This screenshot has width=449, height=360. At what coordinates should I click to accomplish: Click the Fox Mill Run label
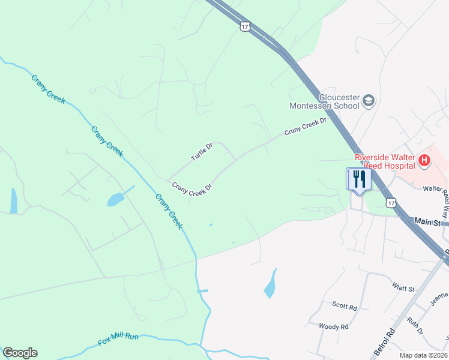click(x=118, y=340)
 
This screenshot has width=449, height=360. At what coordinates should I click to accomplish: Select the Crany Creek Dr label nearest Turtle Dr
click(x=193, y=188)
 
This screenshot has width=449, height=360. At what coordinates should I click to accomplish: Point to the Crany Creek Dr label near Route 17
click(x=305, y=125)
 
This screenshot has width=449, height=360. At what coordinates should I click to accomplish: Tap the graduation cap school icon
click(x=369, y=100)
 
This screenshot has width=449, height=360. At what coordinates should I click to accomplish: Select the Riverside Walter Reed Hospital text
click(x=384, y=161)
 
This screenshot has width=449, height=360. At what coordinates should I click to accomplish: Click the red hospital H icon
click(x=424, y=160)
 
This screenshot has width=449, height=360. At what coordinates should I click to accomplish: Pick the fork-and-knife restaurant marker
click(x=359, y=179)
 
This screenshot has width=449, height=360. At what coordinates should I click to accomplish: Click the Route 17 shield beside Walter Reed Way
click(x=391, y=203)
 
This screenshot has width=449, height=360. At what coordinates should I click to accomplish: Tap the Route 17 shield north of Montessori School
click(x=244, y=26)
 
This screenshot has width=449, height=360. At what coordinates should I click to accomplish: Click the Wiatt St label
click(x=403, y=289)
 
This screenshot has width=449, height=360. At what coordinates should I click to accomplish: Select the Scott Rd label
click(x=345, y=305)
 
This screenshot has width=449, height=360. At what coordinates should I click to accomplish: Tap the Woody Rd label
click(x=334, y=327)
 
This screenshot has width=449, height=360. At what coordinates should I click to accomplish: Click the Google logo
click(x=20, y=353)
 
